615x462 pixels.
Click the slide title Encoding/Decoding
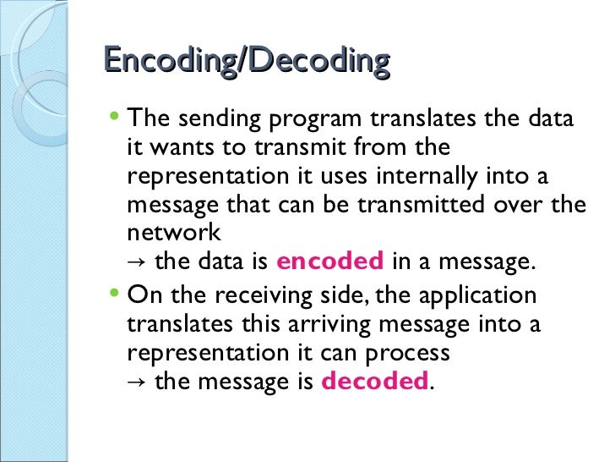[x=247, y=62]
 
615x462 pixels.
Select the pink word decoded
[x=375, y=382]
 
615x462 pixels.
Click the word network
[x=173, y=233]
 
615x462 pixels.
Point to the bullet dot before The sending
[x=117, y=118]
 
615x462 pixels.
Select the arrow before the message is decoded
[x=135, y=382]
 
